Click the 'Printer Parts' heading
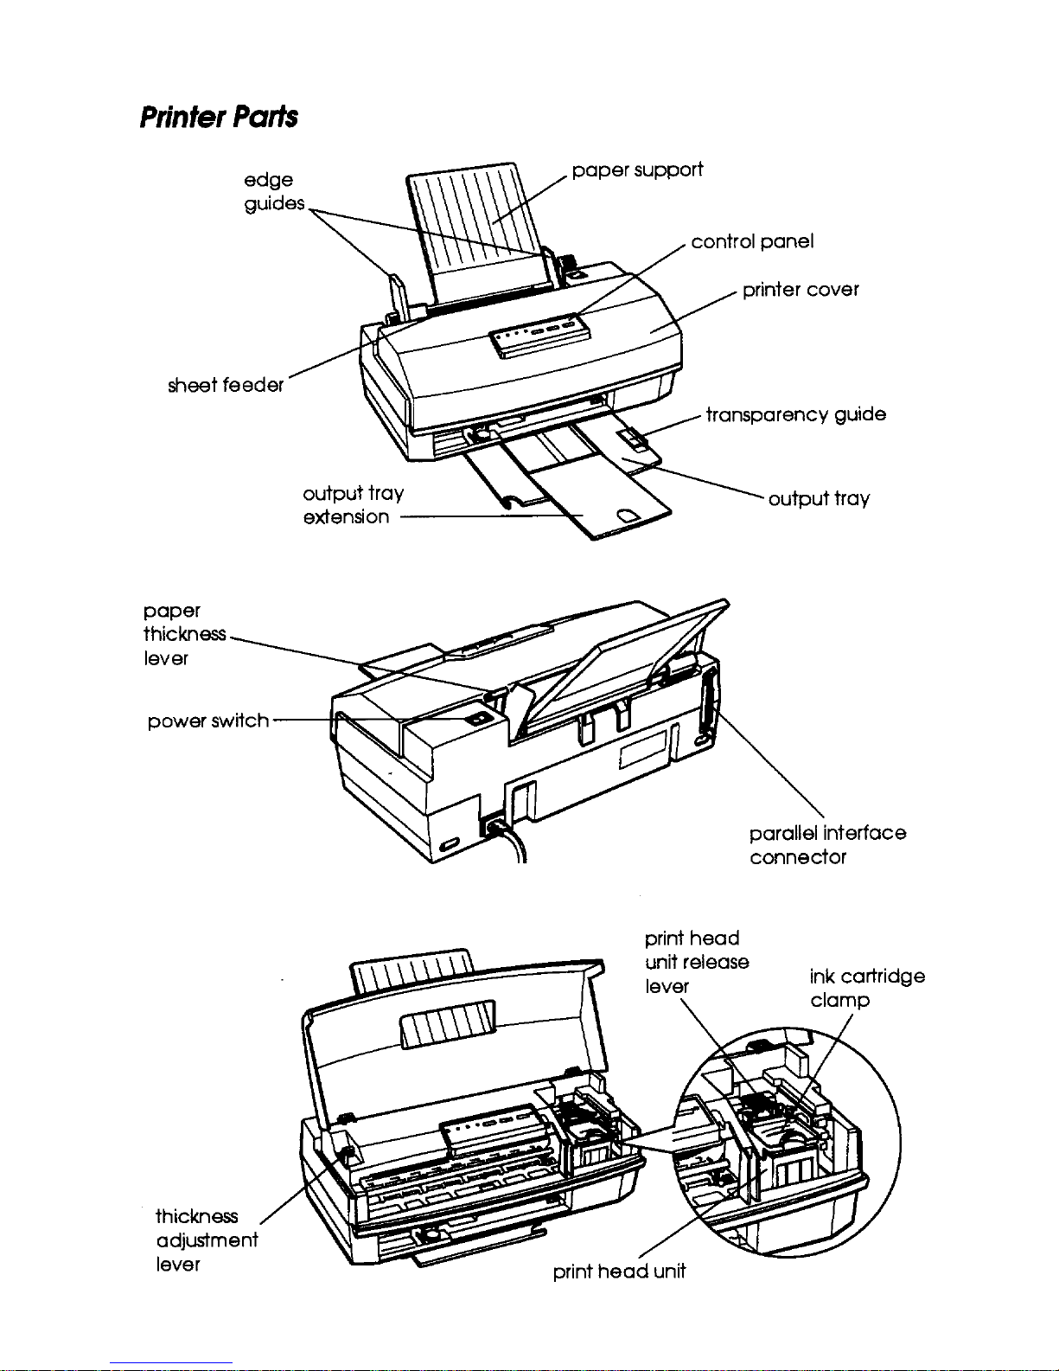pos(219,118)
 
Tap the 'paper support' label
pos(636,170)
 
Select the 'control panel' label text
pos(752,241)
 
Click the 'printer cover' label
pos(801,290)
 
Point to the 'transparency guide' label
pos(796,414)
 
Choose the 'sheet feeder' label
pos(226,385)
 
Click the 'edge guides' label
pos(273,192)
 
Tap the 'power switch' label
pos(208,721)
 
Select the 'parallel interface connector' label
pos(827,845)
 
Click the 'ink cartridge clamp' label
pos(867,988)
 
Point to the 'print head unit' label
pos(619,1272)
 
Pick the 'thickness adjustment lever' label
pos(207,1240)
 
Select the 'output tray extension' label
pos(353,505)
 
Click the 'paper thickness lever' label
pos(184,634)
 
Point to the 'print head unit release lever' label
pos(697,962)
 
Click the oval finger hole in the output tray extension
pos(628,516)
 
